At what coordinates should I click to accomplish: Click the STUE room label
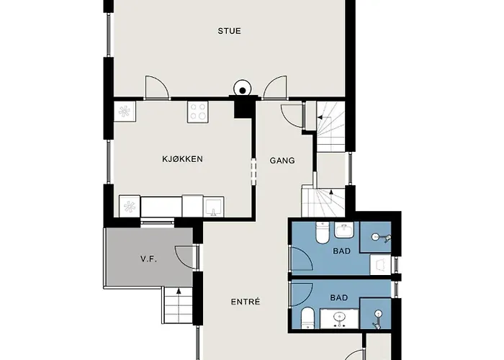click(x=230, y=31)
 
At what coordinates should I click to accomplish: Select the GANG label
click(x=282, y=161)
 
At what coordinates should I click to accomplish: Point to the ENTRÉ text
click(x=246, y=301)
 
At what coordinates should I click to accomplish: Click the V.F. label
click(x=148, y=259)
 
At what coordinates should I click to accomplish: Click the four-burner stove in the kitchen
click(x=198, y=112)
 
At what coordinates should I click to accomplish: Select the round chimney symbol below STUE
click(x=243, y=91)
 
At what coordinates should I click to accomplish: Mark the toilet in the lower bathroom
click(x=307, y=316)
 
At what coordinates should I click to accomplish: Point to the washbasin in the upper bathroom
click(x=344, y=231)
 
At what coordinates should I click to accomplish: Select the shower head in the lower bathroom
click(x=379, y=314)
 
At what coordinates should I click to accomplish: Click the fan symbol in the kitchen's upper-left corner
click(x=125, y=112)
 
